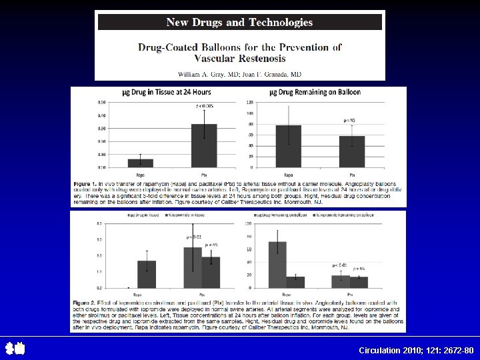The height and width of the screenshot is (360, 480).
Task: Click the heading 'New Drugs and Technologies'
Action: click(x=239, y=22)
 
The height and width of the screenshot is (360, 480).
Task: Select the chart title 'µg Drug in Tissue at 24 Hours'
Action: click(x=165, y=92)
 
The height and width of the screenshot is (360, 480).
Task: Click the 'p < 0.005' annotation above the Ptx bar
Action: click(x=205, y=105)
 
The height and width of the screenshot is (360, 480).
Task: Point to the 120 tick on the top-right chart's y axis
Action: click(x=250, y=102)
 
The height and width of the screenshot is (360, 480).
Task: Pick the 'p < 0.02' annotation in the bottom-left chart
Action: click(x=193, y=237)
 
